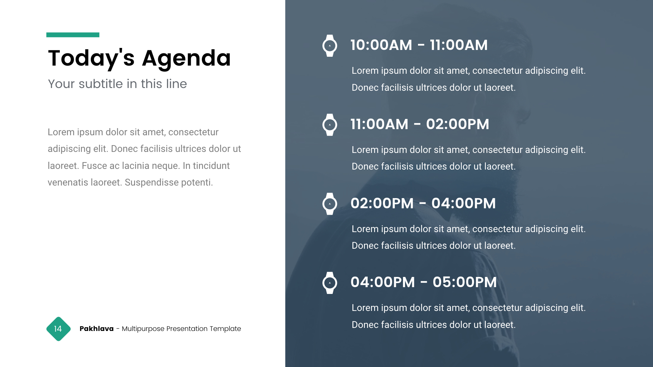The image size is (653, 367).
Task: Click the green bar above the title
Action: [x=73, y=35]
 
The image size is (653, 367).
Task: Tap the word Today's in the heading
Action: [x=91, y=58]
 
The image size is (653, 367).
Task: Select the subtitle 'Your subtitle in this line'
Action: [x=117, y=84]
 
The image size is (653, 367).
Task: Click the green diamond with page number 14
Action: [x=58, y=329]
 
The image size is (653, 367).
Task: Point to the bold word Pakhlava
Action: [x=97, y=329]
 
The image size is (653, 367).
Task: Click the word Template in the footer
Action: [x=225, y=329]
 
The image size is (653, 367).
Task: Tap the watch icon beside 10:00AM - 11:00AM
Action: [x=330, y=46]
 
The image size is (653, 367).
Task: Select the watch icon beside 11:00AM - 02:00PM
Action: [x=330, y=125]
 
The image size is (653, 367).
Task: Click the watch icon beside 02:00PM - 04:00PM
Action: [x=330, y=204]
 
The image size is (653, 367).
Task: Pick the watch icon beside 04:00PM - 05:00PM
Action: [x=330, y=283]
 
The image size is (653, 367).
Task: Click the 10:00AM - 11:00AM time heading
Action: [x=419, y=45]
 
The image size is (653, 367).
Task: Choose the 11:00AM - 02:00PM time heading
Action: [x=420, y=124]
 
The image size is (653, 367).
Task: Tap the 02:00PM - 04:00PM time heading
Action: [x=423, y=203]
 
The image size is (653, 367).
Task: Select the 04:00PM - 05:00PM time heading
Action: [x=424, y=282]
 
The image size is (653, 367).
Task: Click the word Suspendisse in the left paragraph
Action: [x=152, y=183]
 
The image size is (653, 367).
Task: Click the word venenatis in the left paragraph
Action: [x=68, y=183]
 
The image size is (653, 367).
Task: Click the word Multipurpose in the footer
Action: [x=143, y=329]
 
